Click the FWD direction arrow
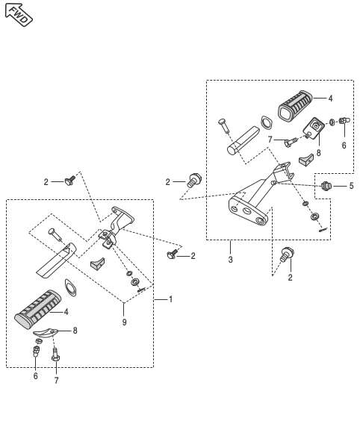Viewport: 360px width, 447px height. tap(19, 14)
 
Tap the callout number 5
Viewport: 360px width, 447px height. tap(351, 186)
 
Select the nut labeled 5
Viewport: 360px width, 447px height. tap(326, 186)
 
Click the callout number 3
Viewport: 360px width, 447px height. tap(230, 260)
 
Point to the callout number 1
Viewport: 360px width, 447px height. tap(170, 299)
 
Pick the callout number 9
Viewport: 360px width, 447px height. tap(125, 322)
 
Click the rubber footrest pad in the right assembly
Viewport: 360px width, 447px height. tap(295, 106)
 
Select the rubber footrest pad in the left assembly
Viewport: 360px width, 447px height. tap(37, 309)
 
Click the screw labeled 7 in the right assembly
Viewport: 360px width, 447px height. tap(291, 142)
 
